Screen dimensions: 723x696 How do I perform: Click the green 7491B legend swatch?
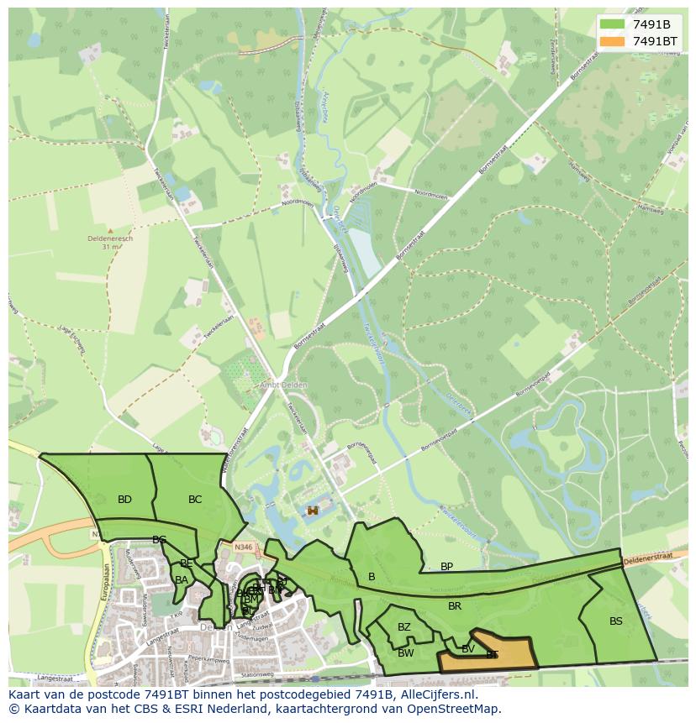[x=612, y=24]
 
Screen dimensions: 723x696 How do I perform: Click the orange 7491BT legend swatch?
[x=612, y=41]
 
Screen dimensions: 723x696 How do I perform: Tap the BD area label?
[x=124, y=500]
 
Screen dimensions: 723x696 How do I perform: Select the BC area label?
[x=195, y=500]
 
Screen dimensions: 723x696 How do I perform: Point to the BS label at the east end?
[x=616, y=621]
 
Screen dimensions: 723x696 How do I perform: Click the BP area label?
[x=446, y=567]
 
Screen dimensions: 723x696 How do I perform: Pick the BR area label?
[x=455, y=605]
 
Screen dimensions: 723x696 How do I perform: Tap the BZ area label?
[x=404, y=627]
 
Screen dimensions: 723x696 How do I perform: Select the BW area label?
[x=406, y=653]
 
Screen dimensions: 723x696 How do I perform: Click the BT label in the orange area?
[x=492, y=655]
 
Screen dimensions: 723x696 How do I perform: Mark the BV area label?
[x=468, y=648]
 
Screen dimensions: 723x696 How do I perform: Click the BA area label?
[x=182, y=580]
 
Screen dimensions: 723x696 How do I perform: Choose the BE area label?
[x=187, y=563]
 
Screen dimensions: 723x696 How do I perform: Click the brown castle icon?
[x=313, y=510]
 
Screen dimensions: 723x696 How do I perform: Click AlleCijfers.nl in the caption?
[x=435, y=695]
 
